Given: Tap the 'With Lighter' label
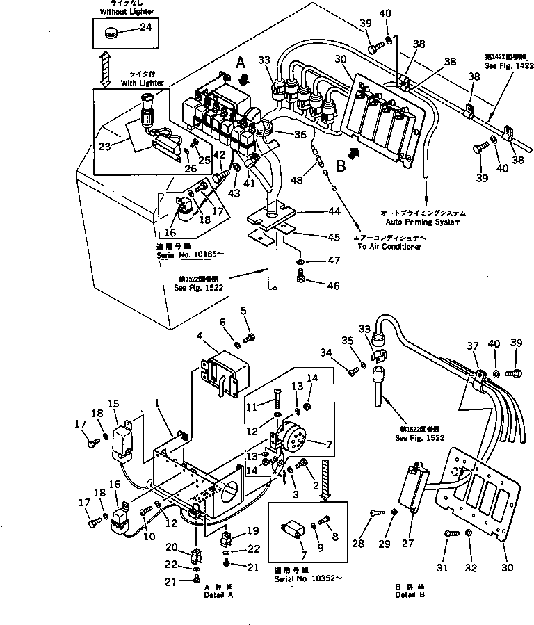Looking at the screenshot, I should (142, 83).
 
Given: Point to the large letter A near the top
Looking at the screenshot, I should (241, 62).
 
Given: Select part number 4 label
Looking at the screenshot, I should (199, 337).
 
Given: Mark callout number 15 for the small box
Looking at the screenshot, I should (113, 403).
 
